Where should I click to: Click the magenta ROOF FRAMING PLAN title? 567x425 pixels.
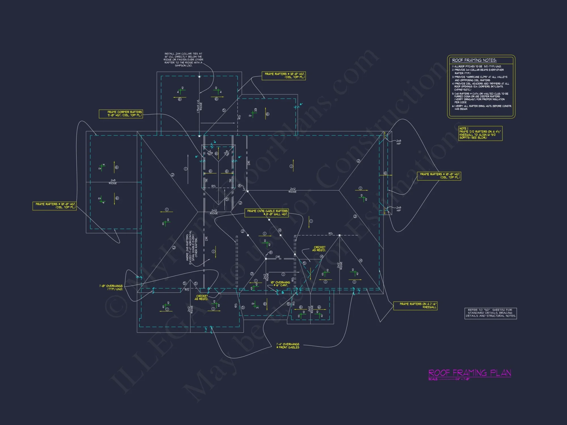(469, 373)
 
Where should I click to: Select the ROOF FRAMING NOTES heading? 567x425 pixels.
(474, 60)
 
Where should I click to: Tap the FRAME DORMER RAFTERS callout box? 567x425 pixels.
(121, 114)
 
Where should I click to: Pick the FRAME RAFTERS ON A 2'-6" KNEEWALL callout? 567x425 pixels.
(415, 305)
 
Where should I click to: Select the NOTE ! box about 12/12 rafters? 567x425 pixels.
(476, 133)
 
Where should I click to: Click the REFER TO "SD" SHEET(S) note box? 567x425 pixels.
(490, 313)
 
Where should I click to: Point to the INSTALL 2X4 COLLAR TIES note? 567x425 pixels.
(183, 59)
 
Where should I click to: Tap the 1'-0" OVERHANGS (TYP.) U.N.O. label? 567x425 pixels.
(111, 287)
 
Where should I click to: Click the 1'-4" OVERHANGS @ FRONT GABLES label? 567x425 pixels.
(288, 346)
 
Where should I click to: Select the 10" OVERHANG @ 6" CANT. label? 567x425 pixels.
(280, 284)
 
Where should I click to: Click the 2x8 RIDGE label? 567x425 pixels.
(113, 182)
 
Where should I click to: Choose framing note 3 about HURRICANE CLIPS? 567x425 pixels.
(479, 78)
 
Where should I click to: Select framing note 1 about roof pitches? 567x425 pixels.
(476, 67)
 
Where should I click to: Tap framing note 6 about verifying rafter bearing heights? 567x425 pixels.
(481, 107)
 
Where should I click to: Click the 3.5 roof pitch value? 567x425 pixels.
(255, 110)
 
